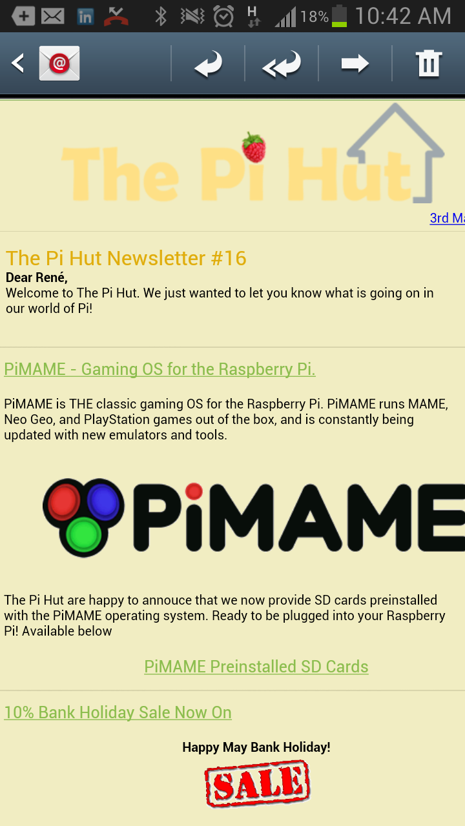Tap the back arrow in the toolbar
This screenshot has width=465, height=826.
17,63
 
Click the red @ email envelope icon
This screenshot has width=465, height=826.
59,63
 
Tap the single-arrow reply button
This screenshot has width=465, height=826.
208,64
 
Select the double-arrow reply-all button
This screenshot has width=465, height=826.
282,64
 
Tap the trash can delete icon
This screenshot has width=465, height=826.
429,63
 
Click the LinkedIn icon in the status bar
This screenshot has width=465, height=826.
85,17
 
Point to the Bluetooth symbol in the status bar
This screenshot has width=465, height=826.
161,17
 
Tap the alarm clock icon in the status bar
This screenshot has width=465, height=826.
223,17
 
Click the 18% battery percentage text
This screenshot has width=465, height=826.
315,17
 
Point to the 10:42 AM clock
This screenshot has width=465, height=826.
403,16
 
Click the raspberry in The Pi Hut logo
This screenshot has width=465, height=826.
254,147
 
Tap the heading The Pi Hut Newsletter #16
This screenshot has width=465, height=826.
126,257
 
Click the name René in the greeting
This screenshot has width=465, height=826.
52,277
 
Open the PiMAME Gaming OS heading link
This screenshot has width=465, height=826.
160,369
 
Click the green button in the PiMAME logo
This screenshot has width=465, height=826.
84,534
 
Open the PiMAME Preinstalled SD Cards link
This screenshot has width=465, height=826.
256,667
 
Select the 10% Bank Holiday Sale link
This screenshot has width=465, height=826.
118,712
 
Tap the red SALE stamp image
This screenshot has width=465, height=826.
257,783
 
